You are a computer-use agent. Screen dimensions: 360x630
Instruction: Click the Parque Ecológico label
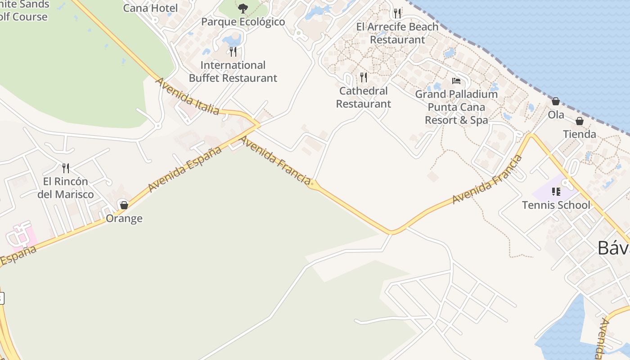(x=243, y=22)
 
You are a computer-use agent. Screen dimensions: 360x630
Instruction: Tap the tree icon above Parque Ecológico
(x=243, y=8)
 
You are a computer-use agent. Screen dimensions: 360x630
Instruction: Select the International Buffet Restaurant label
(x=233, y=72)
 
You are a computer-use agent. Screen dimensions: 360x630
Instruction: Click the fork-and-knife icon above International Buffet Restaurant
(x=233, y=52)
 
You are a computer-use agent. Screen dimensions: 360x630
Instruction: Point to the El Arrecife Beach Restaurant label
(x=397, y=33)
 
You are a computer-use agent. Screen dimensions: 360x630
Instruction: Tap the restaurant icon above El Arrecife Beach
(x=397, y=13)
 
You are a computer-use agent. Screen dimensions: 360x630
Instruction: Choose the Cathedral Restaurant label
(x=364, y=97)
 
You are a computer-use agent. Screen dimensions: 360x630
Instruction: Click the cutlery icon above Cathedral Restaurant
(x=364, y=77)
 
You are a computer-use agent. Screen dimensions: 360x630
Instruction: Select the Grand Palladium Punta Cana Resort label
(x=456, y=107)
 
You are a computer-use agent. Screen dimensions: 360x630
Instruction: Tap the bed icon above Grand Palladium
(x=456, y=81)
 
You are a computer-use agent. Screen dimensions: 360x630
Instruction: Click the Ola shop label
(x=556, y=115)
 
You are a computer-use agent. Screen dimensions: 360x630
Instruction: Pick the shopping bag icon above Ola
(x=556, y=101)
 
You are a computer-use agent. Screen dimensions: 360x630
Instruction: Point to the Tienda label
(x=580, y=134)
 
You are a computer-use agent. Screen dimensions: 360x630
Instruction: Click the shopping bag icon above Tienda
(x=580, y=121)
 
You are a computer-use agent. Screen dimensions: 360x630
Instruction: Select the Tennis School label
(x=556, y=205)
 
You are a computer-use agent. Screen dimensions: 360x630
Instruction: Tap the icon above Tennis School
(x=556, y=192)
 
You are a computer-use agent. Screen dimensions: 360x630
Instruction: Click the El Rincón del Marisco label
(x=66, y=188)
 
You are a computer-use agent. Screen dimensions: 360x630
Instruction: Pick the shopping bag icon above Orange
(x=124, y=205)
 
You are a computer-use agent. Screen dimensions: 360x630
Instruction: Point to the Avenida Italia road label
(x=188, y=96)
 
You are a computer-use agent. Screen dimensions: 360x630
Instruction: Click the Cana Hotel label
(x=150, y=8)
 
